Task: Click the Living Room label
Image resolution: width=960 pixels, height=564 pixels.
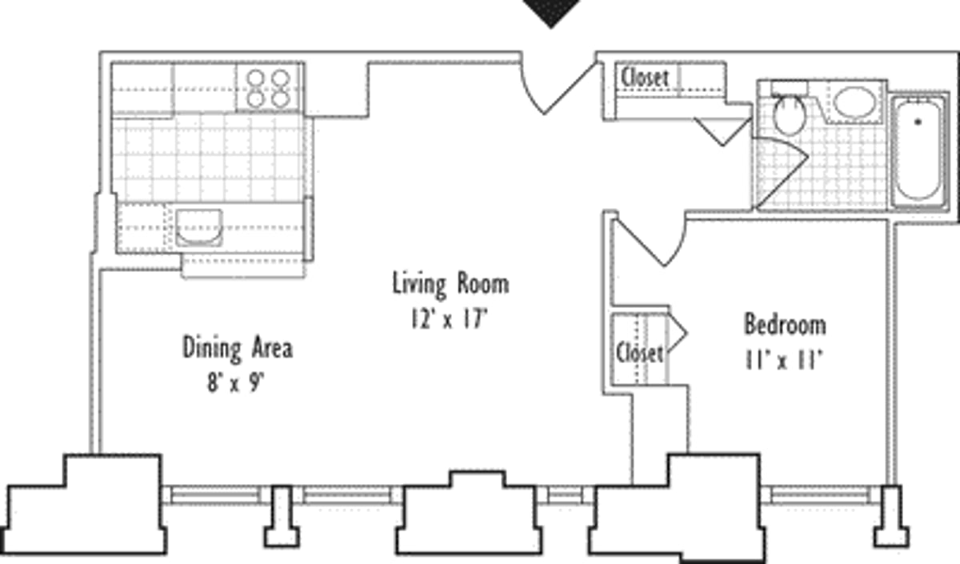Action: point(450,284)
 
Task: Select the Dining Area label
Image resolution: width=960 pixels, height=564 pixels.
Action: point(237,348)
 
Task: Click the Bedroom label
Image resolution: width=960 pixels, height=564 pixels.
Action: point(784,325)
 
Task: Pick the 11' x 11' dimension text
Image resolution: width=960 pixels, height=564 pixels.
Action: point(783,359)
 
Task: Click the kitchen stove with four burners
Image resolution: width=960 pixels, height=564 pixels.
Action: point(268,87)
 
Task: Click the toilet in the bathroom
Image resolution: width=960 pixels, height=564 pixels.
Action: point(789,114)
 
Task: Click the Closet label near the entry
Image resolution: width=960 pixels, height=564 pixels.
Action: point(645,78)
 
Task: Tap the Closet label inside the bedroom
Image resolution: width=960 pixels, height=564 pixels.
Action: point(638,353)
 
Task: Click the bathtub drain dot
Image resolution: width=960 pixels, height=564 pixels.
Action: point(918,122)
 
